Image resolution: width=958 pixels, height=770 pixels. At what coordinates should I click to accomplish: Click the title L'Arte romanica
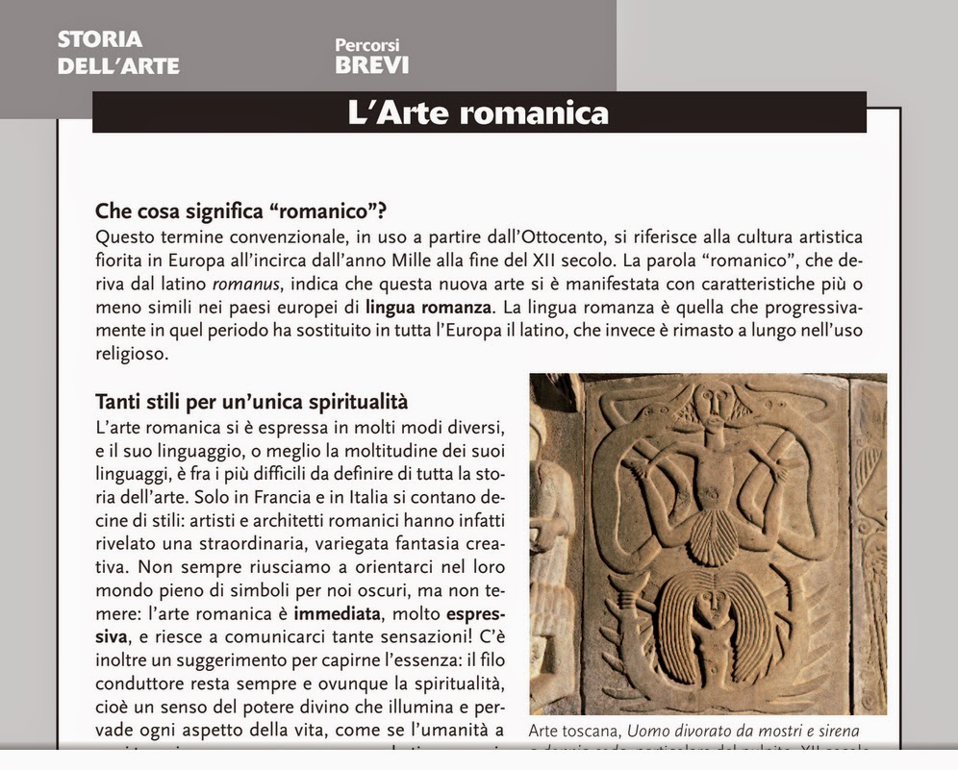click(478, 112)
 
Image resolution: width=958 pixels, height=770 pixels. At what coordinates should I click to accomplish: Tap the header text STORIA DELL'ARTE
click(118, 53)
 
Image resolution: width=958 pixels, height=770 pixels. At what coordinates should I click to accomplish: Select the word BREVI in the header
click(371, 65)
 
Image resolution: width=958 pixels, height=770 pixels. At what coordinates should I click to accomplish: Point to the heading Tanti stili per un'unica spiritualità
click(251, 401)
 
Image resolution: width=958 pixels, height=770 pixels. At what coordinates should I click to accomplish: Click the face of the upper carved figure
click(714, 399)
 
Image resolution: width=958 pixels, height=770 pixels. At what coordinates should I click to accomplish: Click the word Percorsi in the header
click(367, 44)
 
